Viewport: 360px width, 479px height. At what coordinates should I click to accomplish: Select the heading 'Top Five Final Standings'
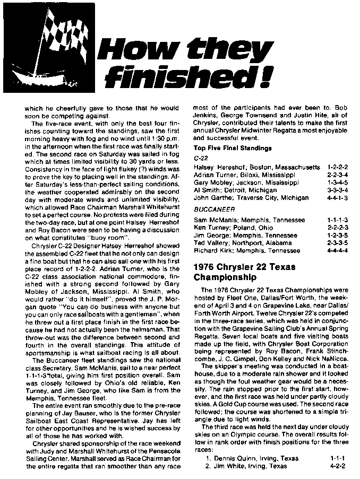point(233,148)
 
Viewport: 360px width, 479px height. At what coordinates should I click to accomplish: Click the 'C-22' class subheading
point(199,158)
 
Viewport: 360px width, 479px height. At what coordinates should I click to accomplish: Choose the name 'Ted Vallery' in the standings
point(212,242)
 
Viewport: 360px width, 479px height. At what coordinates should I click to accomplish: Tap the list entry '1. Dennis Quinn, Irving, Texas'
point(248,457)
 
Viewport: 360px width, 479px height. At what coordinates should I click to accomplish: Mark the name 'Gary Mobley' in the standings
point(213,182)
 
